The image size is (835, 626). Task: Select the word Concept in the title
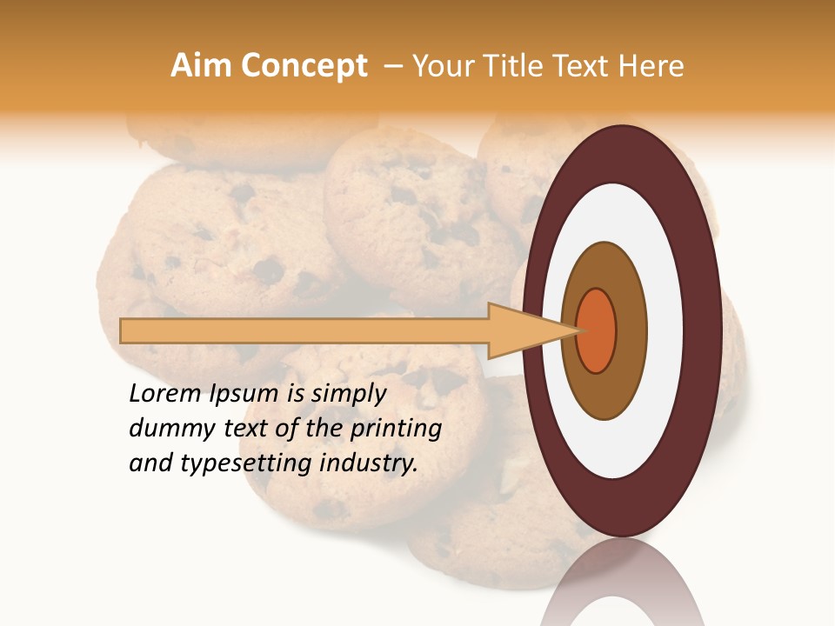point(304,66)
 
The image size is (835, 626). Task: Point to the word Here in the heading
point(651,66)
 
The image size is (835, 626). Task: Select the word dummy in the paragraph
point(166,429)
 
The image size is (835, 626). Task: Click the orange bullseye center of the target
point(597,331)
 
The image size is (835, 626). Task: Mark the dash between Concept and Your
point(392,66)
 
